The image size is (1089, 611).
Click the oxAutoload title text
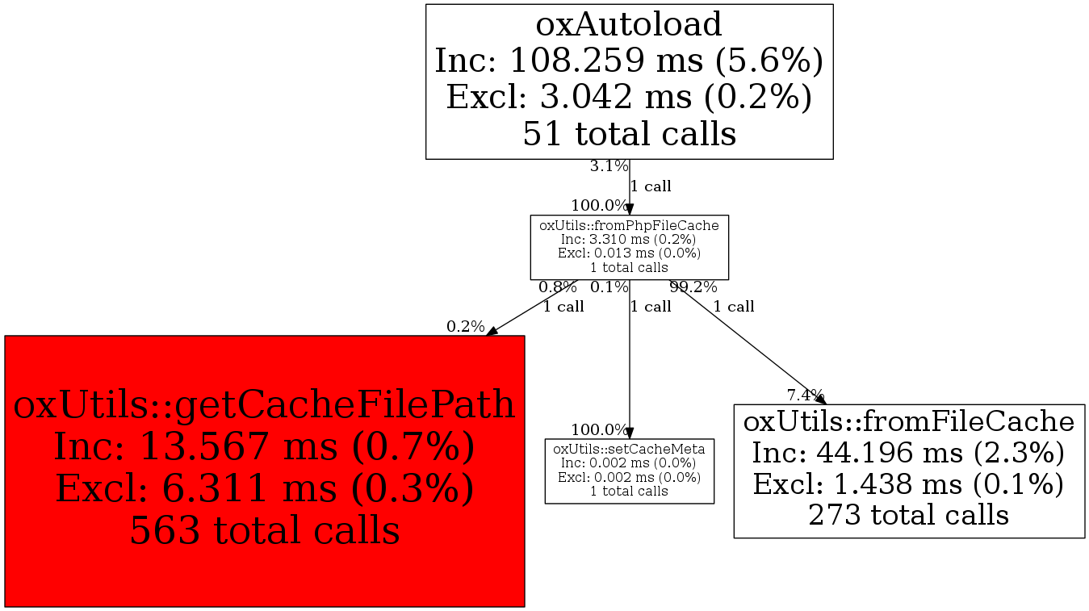point(629,24)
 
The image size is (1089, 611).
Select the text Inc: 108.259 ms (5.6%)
point(629,61)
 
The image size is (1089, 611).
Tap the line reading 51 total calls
point(629,134)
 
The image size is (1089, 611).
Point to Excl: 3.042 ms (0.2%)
point(629,97)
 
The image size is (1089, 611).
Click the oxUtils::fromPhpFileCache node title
point(629,225)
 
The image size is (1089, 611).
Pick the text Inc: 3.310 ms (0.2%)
point(629,239)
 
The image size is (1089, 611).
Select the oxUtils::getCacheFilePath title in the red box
point(264,404)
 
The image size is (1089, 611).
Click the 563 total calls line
point(265,529)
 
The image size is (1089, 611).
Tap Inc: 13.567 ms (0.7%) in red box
point(264,446)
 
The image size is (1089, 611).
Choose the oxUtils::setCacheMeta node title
point(629,449)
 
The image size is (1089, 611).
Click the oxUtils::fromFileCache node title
point(909,421)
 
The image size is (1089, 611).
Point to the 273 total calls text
point(909,515)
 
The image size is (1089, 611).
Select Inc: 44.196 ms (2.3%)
point(909,453)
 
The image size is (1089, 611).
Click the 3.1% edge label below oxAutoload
point(609,166)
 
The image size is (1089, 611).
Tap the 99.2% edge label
point(693,287)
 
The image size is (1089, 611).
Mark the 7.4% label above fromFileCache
point(806,395)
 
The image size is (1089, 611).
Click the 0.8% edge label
point(558,287)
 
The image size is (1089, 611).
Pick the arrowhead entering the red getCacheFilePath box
point(492,331)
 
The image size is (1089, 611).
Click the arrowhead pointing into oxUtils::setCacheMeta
point(630,433)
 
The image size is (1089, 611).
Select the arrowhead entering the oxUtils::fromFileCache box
point(821,400)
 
